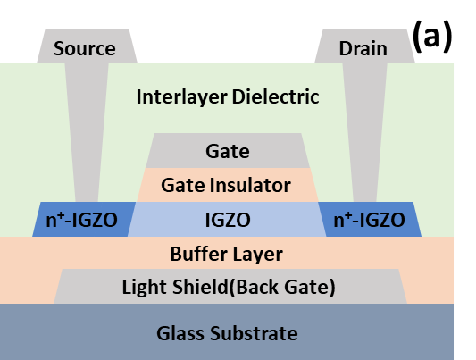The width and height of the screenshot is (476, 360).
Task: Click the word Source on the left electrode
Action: [x=84, y=48]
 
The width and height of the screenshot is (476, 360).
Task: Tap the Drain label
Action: [x=363, y=48]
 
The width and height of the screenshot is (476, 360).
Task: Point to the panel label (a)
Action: [x=432, y=37]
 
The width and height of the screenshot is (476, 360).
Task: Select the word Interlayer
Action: [x=182, y=97]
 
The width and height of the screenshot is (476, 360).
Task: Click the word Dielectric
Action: [x=276, y=96]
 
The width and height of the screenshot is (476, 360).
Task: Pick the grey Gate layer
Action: [x=228, y=151]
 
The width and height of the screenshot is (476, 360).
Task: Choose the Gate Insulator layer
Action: [x=228, y=185]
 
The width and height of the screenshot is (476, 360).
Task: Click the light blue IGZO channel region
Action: [x=227, y=219]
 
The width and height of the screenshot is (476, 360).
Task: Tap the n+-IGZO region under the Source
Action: [x=84, y=219]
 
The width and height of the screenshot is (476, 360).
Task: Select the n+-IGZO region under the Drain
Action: [x=370, y=219]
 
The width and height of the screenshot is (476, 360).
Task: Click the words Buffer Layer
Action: [x=227, y=254]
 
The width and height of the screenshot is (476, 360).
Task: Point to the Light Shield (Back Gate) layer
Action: [x=230, y=286]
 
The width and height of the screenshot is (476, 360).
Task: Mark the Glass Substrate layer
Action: [x=227, y=331]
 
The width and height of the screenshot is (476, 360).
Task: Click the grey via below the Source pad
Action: [x=87, y=132]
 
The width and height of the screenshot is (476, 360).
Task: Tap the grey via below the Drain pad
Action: [x=365, y=132]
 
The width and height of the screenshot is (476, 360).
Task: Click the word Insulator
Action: [x=250, y=185]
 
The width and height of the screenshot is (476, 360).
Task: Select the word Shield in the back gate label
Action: [x=200, y=287]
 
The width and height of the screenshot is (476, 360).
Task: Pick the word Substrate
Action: [x=254, y=333]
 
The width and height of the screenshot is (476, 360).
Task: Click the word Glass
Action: [x=180, y=333]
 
